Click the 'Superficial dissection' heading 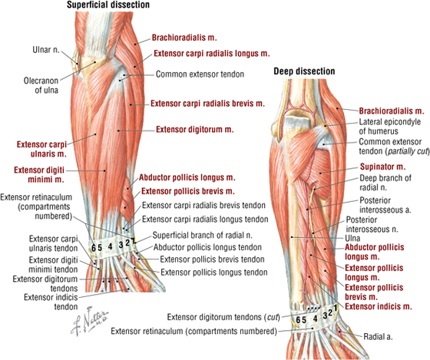coord(108,5)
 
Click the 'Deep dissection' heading coord(304,71)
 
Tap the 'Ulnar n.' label coord(46,50)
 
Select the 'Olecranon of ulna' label coord(41,85)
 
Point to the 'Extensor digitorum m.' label coord(195,130)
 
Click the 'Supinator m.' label coord(382,167)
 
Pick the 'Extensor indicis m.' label coord(379,306)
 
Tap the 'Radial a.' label coord(378,336)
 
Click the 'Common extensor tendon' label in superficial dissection coord(200,74)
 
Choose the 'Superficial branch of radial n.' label coord(203,235)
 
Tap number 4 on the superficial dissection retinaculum coord(110,246)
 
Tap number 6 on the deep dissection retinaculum coord(298,320)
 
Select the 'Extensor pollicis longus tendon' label coord(214,272)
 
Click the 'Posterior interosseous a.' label coord(385,205)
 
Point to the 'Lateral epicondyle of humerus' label coord(390,127)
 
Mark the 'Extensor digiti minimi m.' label coord(39,175)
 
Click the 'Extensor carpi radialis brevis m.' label coord(207,104)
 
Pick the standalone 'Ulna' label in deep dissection coord(352,238)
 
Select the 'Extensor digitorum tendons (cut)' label coord(223,317)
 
